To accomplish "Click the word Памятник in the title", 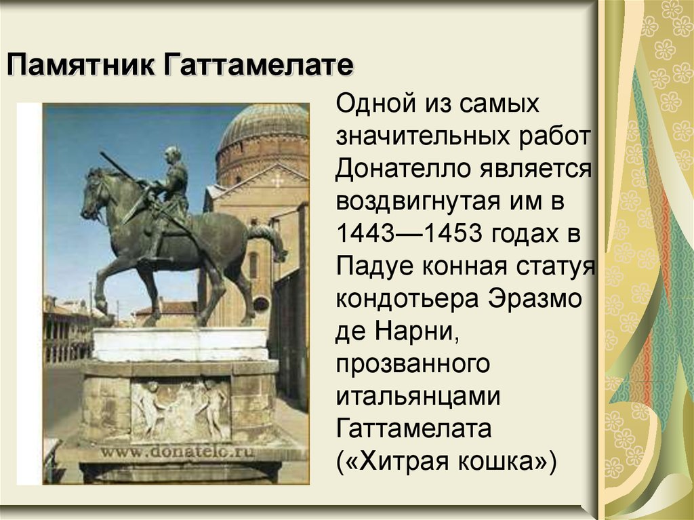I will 79,67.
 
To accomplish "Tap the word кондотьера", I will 411,299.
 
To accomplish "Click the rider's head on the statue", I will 172,155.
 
